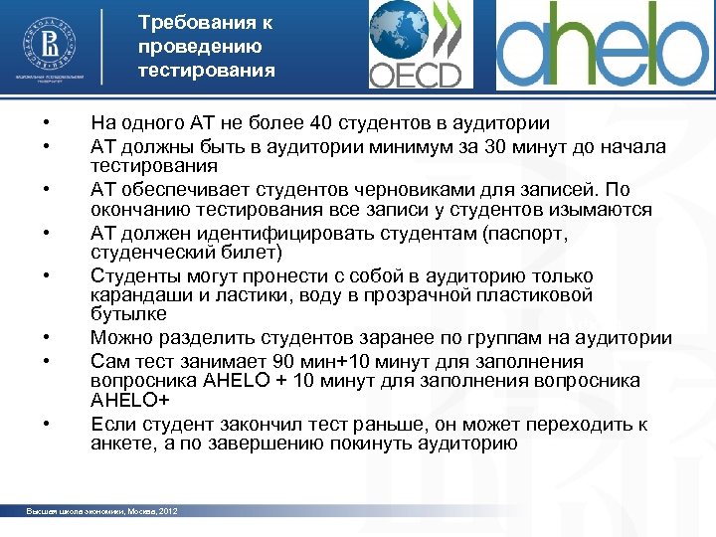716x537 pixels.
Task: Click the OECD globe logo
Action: (415, 45)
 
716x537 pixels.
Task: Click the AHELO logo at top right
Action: (602, 45)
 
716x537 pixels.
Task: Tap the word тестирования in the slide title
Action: (207, 71)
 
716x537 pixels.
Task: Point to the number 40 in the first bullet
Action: (320, 123)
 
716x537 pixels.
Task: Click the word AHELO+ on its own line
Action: (130, 400)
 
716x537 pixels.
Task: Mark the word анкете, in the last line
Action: (121, 444)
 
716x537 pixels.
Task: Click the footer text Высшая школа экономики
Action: (71, 511)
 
